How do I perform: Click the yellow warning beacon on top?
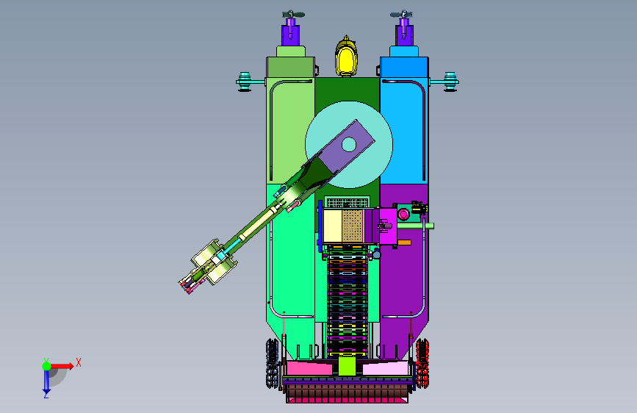(346, 57)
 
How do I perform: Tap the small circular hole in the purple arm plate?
(348, 144)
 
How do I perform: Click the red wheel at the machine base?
(422, 363)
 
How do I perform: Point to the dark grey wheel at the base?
(273, 363)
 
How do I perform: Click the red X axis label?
(79, 362)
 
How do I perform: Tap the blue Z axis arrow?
(46, 381)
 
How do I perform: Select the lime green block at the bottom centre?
(347, 366)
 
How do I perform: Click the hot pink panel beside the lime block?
(309, 368)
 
